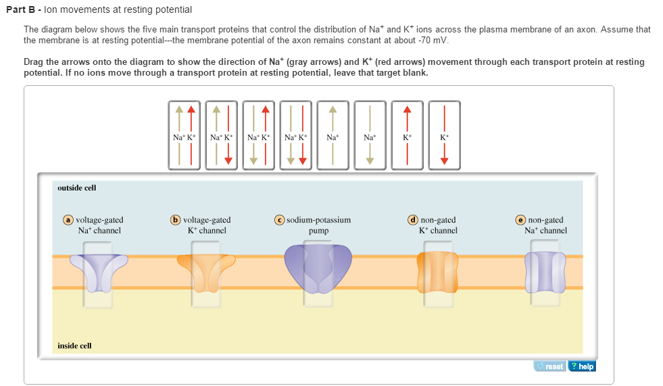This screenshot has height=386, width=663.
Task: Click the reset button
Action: [x=549, y=366]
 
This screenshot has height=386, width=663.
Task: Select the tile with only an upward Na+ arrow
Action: [x=333, y=135]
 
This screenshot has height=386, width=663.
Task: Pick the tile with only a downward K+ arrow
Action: [x=443, y=135]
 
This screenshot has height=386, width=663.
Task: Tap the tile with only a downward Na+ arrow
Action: [x=370, y=135]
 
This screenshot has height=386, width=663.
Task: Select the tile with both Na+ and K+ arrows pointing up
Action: [x=185, y=135]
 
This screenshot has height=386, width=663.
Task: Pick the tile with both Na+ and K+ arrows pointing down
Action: [x=295, y=135]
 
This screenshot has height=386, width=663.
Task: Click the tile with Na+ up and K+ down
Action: [x=222, y=135]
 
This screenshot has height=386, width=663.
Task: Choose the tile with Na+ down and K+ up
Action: [x=259, y=135]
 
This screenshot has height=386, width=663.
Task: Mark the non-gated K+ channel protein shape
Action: [x=437, y=271]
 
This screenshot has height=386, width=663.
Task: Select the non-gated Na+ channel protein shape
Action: [x=545, y=271]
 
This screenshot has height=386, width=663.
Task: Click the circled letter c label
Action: [x=278, y=220]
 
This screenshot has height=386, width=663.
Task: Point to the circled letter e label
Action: [x=520, y=220]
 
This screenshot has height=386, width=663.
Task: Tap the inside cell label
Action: [x=74, y=345]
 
